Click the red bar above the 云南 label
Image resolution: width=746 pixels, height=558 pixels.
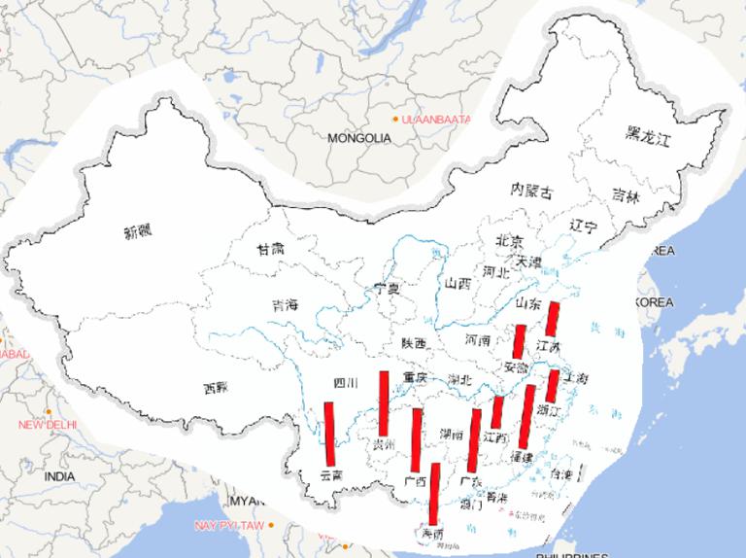[329, 435]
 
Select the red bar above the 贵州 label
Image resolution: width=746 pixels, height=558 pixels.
[385, 403]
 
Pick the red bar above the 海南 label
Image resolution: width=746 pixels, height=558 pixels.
[434, 495]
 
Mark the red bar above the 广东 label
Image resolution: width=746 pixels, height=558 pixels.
[475, 440]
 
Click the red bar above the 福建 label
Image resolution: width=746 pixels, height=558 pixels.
[527, 417]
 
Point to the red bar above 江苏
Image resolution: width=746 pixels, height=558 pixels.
[553, 319]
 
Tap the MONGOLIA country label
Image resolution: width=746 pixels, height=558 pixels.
[358, 138]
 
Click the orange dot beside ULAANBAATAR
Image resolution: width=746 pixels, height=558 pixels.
[395, 119]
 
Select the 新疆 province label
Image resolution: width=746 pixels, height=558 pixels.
[139, 232]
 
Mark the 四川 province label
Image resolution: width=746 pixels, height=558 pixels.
[347, 383]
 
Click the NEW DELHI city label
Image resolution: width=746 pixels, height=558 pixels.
[47, 425]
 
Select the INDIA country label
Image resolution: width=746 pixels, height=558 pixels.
[58, 477]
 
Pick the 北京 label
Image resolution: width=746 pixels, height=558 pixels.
[509, 241]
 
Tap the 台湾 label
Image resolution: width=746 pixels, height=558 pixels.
[561, 474]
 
